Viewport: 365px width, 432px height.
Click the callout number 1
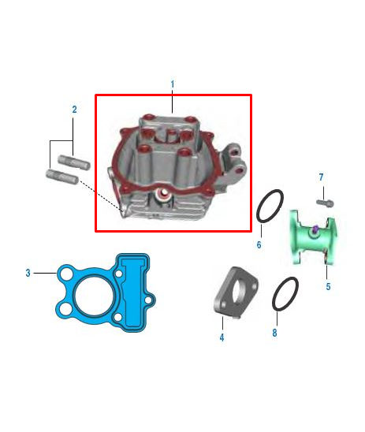point(172,84)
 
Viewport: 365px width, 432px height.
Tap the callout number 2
point(75,110)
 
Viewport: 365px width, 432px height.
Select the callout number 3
point(28,273)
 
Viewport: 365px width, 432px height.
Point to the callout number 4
point(222,337)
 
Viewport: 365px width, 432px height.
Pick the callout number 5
point(328,286)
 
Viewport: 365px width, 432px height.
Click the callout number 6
point(259,244)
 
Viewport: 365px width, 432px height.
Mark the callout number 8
point(274,333)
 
